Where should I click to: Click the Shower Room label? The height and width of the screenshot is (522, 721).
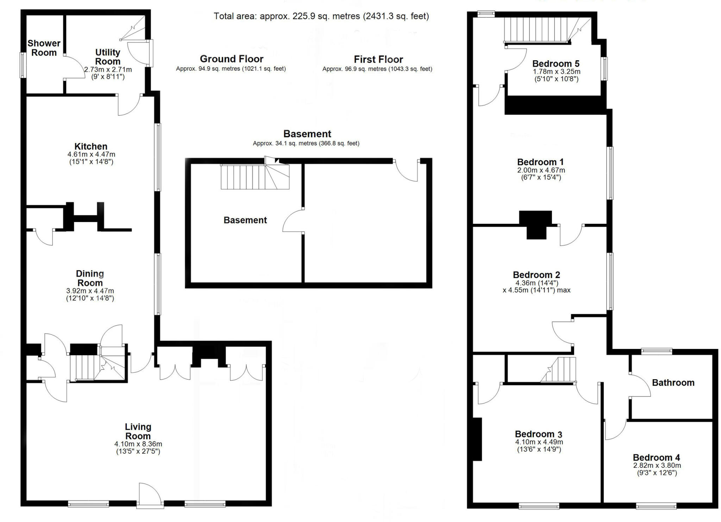(44, 48)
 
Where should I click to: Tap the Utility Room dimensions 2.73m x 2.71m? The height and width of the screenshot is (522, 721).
(108, 70)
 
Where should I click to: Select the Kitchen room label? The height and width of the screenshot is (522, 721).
(91, 146)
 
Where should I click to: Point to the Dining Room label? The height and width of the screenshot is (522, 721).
(90, 278)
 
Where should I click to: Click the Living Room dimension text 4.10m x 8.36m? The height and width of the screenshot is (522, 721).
(138, 444)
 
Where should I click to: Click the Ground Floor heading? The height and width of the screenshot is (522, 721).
(231, 59)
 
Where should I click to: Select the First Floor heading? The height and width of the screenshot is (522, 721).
(378, 59)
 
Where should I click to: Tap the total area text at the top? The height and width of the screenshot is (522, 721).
(321, 16)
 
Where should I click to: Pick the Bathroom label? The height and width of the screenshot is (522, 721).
(673, 383)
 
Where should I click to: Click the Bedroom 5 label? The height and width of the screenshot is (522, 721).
(556, 64)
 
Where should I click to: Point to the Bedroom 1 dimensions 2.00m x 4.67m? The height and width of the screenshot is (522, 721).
(541, 170)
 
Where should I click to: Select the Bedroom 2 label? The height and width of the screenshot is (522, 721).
(536, 275)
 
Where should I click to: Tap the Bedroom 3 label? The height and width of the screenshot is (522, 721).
(538, 434)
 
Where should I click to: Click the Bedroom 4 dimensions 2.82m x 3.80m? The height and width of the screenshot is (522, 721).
(657, 465)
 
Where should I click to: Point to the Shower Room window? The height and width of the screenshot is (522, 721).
(23, 65)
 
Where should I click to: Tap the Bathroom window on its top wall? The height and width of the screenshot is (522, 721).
(657, 351)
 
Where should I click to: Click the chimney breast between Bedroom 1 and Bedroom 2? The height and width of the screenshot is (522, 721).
(535, 224)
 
